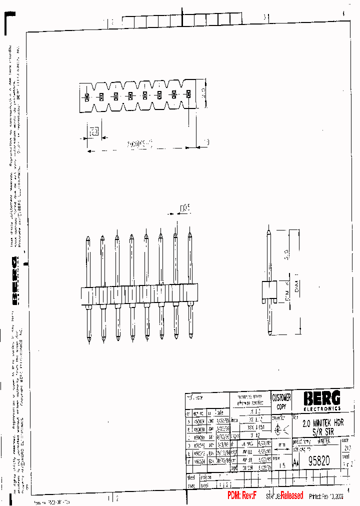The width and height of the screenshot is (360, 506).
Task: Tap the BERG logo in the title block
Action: (x=322, y=398)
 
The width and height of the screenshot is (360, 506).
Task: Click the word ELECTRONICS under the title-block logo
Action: (x=322, y=408)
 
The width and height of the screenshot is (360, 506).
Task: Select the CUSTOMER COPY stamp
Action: (x=281, y=401)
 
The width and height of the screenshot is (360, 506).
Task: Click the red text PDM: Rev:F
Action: (x=242, y=495)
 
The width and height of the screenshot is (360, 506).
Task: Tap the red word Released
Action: (x=291, y=495)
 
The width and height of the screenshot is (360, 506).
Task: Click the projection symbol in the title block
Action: (x=280, y=428)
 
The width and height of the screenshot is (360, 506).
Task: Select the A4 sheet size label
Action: (x=296, y=463)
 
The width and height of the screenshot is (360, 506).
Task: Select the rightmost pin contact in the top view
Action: (x=189, y=94)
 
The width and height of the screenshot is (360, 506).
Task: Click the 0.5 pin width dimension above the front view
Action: (x=185, y=209)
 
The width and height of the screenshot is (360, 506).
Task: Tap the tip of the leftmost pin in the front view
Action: (x=88, y=237)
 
